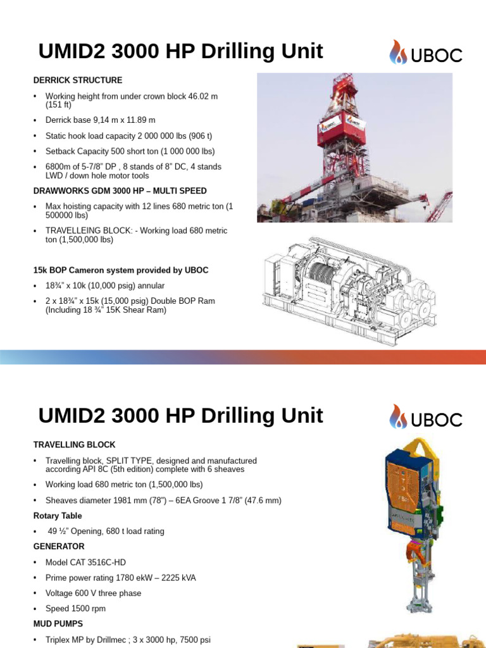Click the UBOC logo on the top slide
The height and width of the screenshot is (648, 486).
pos(425,53)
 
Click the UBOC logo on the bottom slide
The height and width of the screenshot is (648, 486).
pos(425,417)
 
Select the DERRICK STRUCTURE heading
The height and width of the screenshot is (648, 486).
pos(78,80)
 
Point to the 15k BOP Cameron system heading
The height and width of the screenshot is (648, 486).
pos(120,270)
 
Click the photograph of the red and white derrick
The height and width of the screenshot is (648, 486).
pos(354,147)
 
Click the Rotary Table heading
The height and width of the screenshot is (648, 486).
pos(62,516)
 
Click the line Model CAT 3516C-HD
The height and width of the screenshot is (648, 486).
pos(88,562)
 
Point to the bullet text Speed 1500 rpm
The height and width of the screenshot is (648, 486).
pos(75,609)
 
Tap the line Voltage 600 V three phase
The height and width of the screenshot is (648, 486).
pos(93,593)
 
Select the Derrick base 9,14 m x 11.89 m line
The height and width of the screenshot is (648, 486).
pos(100,120)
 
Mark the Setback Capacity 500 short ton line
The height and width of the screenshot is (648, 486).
pos(130,151)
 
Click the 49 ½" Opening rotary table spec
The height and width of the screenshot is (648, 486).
pos(106,532)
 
